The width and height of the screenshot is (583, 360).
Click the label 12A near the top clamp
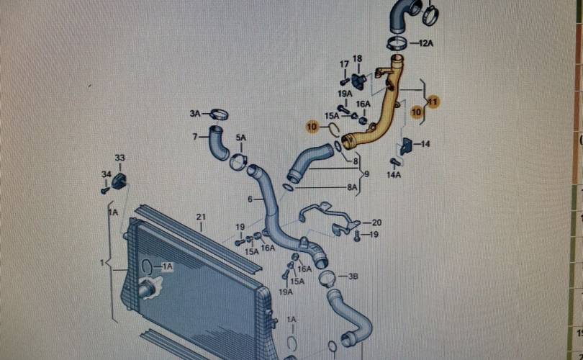[426, 44]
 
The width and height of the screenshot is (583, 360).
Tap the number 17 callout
[344, 65]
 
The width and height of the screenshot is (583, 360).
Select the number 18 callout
[358, 58]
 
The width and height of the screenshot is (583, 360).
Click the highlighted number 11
[433, 102]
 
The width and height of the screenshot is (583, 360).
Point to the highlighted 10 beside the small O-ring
[311, 127]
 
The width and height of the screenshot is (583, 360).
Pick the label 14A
[394, 174]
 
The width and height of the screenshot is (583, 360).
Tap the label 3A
[195, 114]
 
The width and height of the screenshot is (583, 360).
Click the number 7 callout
[195, 135]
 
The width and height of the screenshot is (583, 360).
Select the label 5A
[240, 138]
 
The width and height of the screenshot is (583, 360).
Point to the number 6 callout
[250, 199]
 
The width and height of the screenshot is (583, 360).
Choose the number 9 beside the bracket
[366, 174]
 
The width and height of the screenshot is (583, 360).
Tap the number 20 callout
[376, 222]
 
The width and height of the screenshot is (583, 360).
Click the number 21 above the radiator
[201, 217]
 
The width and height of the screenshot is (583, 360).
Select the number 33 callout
[119, 158]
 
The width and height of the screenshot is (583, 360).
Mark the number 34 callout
[106, 174]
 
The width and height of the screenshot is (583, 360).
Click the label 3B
[353, 276]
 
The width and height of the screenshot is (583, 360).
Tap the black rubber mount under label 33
[119, 180]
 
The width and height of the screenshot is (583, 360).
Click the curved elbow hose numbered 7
[217, 143]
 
